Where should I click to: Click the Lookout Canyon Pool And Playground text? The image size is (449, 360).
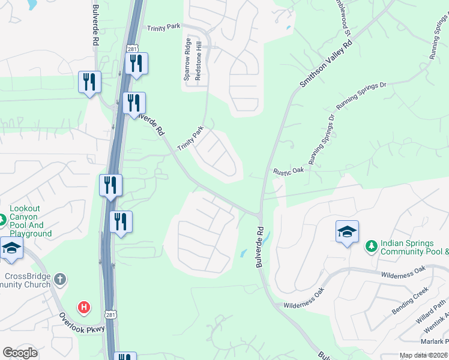point(31,220)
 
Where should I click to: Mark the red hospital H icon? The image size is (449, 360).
point(84,307)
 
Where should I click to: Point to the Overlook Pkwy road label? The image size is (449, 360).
point(82,322)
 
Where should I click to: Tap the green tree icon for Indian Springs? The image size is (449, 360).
point(371,246)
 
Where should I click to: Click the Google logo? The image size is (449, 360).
point(19,353)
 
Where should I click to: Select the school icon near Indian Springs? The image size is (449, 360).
point(347,232)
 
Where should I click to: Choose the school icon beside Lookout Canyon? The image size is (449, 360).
point(11,247)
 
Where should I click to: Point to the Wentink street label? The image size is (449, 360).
point(436,332)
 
